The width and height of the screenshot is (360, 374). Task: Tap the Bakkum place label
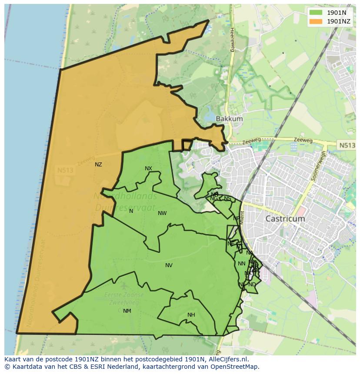click(229, 119)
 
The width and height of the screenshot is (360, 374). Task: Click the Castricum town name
click(285, 219)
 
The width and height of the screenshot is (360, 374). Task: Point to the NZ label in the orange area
click(98, 165)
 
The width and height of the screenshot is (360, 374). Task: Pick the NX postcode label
click(149, 169)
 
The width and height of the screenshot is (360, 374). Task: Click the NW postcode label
click(162, 213)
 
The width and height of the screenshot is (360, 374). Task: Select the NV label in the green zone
click(169, 265)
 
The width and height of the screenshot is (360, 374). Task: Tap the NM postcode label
click(127, 311)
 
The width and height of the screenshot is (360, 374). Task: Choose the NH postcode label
click(191, 315)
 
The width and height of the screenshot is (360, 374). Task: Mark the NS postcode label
click(227, 199)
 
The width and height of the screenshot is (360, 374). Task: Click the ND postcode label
click(252, 285)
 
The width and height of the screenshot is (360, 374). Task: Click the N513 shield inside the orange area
click(65, 171)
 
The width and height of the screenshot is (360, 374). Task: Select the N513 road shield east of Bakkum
click(346, 145)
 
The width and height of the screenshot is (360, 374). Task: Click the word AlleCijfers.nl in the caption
click(228, 359)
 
